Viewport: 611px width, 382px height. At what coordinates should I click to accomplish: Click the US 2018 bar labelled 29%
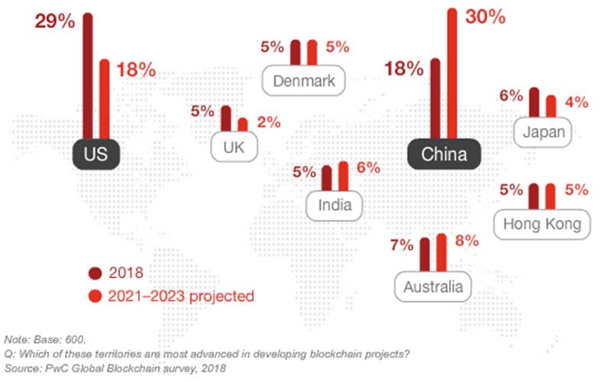click(87, 76)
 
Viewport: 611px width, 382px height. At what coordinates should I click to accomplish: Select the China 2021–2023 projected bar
click(452, 76)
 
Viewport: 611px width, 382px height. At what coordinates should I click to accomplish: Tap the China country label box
click(445, 156)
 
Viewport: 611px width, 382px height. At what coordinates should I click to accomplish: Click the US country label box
click(96, 156)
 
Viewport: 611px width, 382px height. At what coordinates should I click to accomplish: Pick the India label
click(335, 205)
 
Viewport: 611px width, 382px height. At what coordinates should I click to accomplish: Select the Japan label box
click(544, 132)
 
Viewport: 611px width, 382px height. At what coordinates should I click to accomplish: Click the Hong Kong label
click(542, 224)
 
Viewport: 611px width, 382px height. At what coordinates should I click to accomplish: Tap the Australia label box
click(433, 287)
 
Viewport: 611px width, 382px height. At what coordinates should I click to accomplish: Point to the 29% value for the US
click(55, 21)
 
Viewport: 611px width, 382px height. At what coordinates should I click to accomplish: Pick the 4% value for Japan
click(577, 102)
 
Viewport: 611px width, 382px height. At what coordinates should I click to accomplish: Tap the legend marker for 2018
click(95, 272)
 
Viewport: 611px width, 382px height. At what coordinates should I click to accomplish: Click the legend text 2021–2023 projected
click(182, 294)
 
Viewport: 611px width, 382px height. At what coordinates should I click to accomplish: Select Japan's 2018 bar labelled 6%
click(534, 105)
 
